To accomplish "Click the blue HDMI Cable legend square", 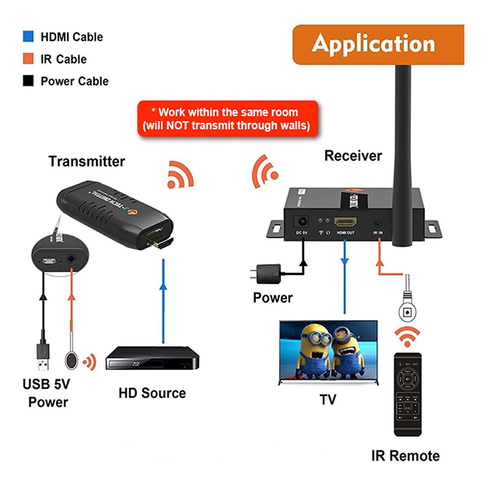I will (x=28, y=37).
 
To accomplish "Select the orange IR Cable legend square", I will (x=28, y=59).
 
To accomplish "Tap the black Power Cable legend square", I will (x=28, y=81).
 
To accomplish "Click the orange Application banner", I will (x=378, y=44).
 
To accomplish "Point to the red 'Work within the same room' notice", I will (x=227, y=119).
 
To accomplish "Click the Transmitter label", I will (x=87, y=161).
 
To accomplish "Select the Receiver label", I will (x=353, y=156).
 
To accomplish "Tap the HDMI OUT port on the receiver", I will (x=345, y=222).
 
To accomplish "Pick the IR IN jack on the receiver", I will (x=378, y=223).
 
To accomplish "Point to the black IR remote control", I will (x=407, y=394).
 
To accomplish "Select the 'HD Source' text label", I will (x=152, y=393).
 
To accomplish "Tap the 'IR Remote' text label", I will (x=405, y=456).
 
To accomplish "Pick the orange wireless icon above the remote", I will (x=407, y=337).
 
